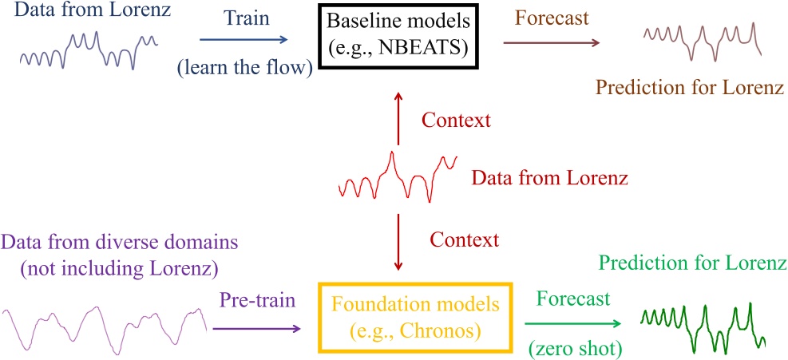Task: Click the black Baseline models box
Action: coord(394,38)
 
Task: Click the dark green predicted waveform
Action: coord(703,322)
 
